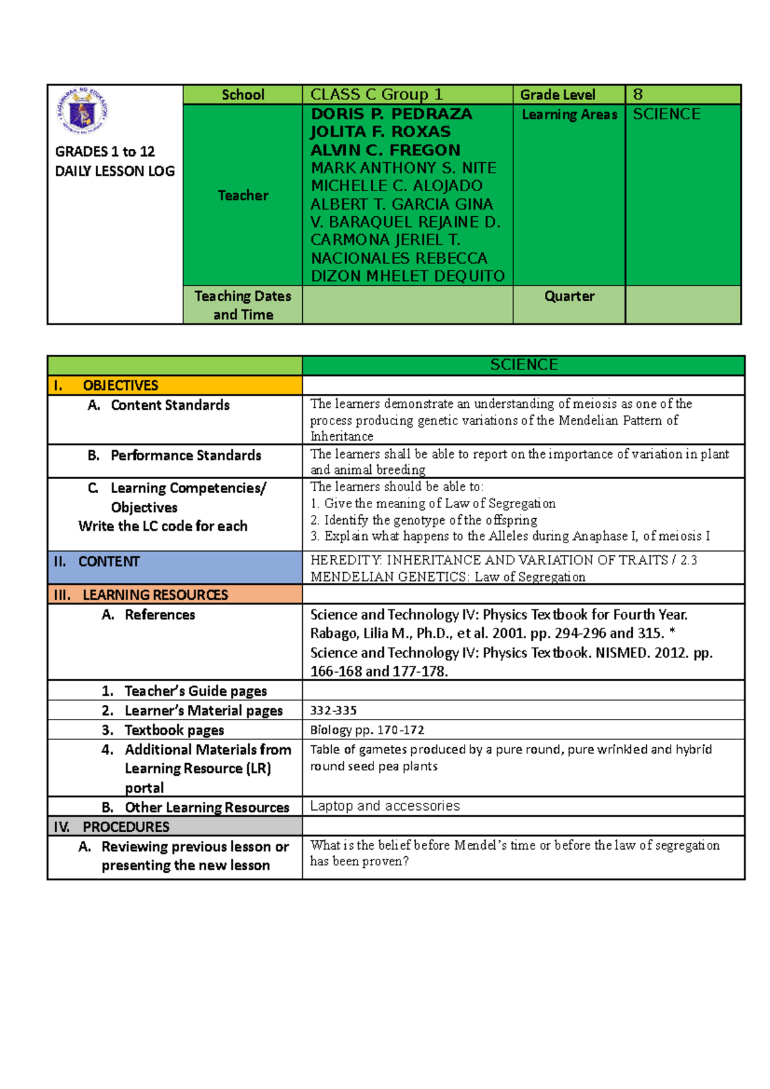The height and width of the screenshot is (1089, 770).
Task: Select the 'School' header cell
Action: [x=243, y=95]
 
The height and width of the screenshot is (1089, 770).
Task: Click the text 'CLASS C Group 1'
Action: [x=377, y=95]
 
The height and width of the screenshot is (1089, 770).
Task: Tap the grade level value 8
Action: [x=638, y=95]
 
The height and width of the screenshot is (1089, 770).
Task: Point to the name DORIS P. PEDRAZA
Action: [x=391, y=114]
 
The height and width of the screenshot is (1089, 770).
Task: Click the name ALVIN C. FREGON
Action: [x=386, y=150]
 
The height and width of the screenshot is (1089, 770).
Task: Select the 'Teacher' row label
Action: [x=243, y=196]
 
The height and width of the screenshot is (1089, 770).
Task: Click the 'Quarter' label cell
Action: [x=569, y=296]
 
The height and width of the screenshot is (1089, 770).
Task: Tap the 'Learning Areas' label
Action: [x=569, y=115]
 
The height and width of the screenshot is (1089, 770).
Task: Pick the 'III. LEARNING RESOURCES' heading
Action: [x=155, y=595]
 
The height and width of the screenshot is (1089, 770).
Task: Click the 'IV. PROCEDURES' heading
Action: [x=126, y=827]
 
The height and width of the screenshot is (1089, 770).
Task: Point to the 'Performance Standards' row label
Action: [x=185, y=455]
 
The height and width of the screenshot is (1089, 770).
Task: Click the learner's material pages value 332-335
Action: [x=334, y=711]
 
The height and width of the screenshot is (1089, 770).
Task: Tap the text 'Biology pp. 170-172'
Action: [x=367, y=730]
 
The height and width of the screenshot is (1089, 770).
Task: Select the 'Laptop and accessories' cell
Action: [x=385, y=806]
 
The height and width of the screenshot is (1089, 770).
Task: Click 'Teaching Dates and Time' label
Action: [x=243, y=305]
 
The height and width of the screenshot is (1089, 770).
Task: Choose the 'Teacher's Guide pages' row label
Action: [x=195, y=691]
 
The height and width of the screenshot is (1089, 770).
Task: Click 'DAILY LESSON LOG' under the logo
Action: [x=115, y=171]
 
